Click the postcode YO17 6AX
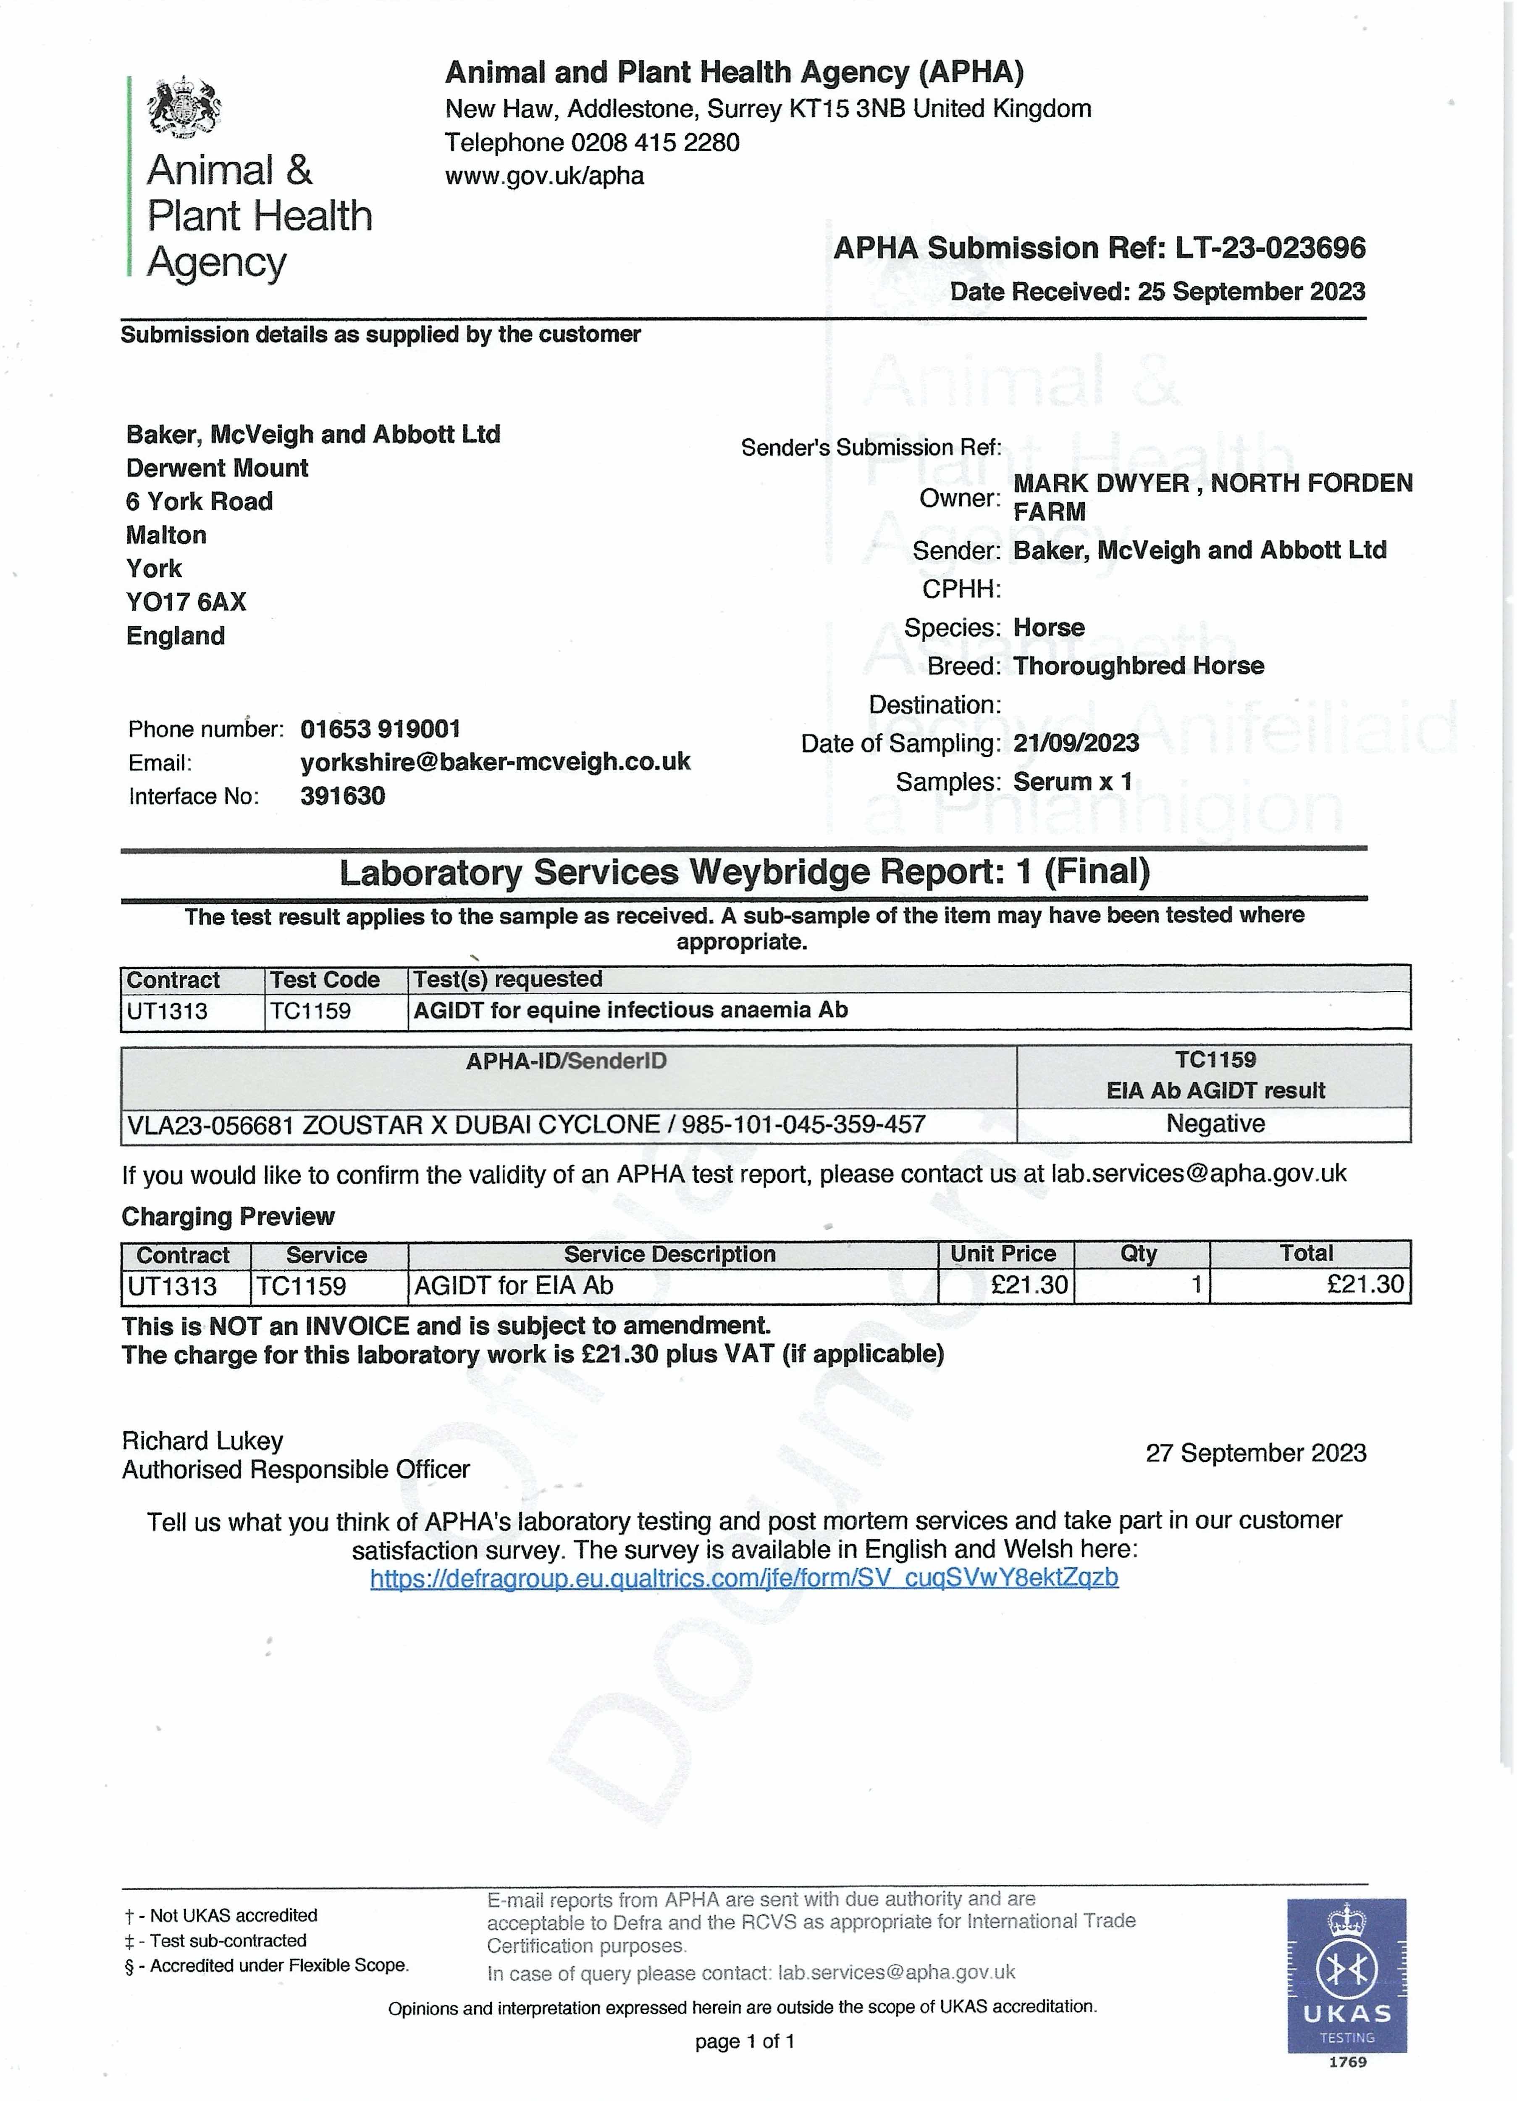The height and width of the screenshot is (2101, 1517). (186, 602)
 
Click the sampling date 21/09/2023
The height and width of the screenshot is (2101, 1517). (1075, 743)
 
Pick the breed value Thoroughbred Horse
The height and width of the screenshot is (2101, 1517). (1138, 666)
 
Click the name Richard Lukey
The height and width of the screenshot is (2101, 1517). (202, 1440)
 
